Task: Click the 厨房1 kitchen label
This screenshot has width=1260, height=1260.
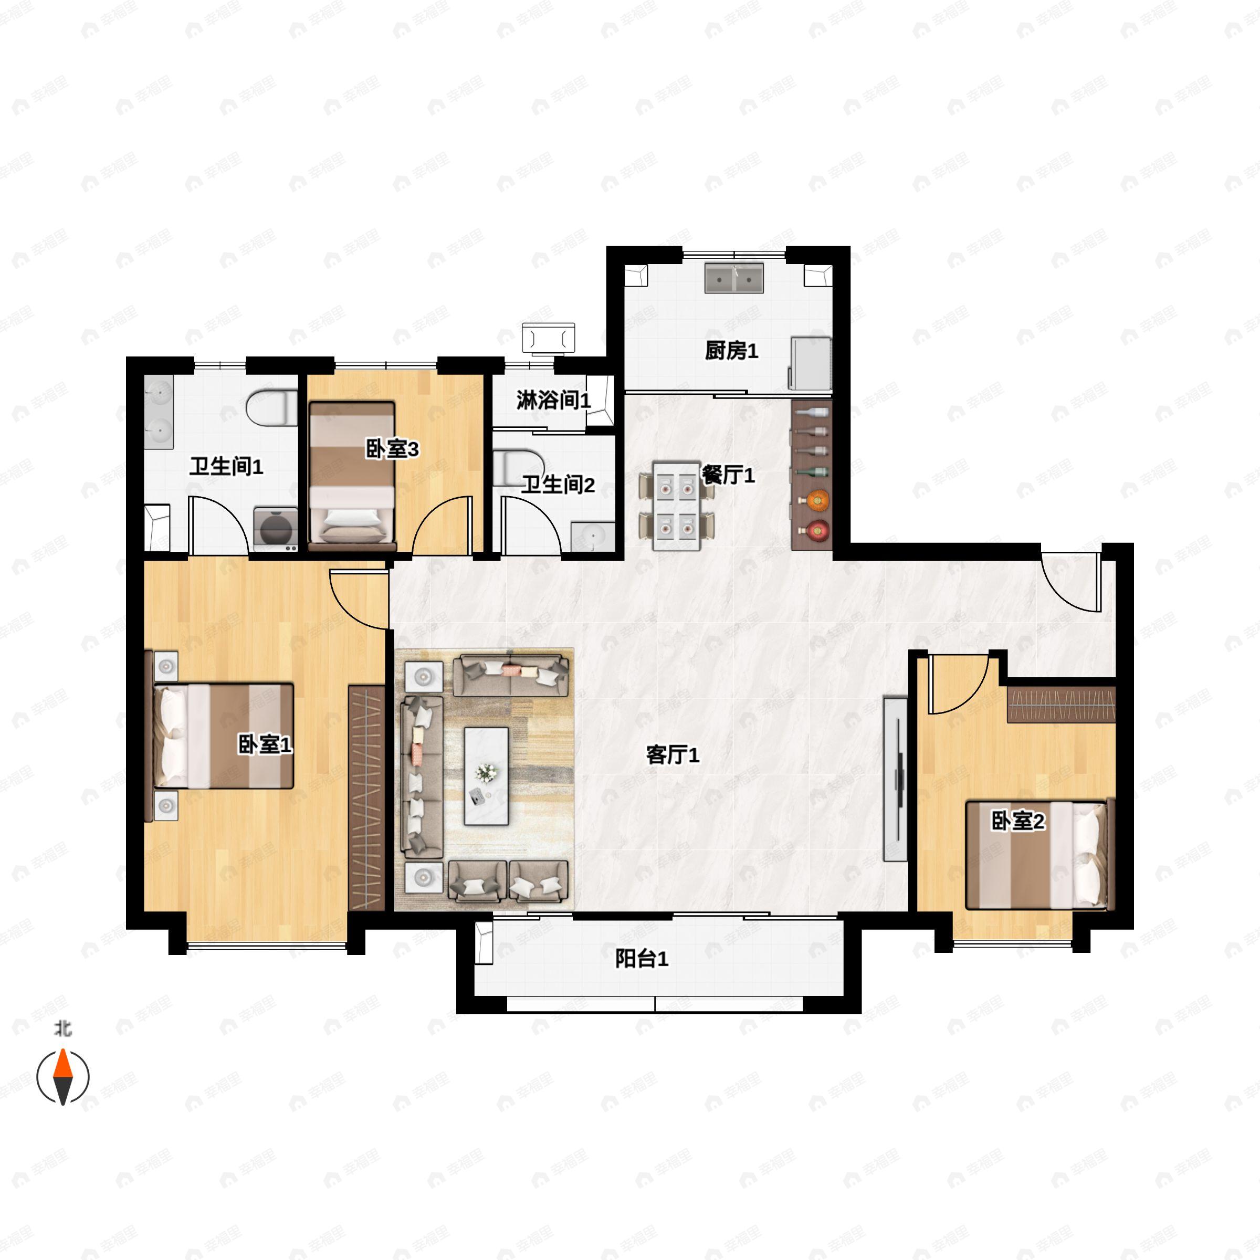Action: tap(731, 351)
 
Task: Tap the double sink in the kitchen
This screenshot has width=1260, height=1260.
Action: tap(735, 278)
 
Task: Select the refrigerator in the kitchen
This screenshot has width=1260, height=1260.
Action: tap(811, 363)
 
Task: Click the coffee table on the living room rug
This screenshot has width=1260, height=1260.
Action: tap(486, 776)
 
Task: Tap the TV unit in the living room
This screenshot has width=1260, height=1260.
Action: tap(895, 779)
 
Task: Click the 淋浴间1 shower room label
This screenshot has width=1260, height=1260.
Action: tap(553, 401)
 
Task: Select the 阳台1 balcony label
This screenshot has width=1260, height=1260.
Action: tap(642, 959)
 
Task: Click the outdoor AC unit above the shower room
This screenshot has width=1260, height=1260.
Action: tap(549, 338)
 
